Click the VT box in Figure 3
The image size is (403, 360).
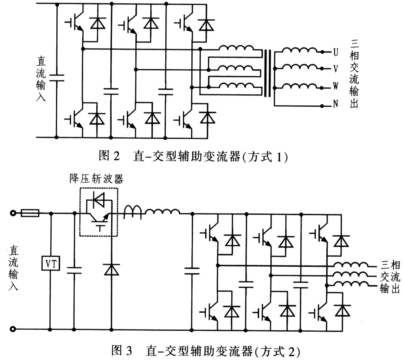coord(51,263)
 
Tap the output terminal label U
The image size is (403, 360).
coord(336,52)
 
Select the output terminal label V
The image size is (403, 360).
coord(336,69)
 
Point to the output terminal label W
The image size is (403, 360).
coord(336,86)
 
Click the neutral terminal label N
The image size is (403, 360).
coord(336,104)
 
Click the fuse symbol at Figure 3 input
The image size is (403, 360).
coord(30,213)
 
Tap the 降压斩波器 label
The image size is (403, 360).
coord(96,178)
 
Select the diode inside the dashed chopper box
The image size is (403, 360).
coord(99,199)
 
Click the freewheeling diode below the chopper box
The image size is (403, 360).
coord(112,270)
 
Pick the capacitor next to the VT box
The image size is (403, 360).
coord(74,270)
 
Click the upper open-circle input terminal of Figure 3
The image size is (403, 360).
coord(13,213)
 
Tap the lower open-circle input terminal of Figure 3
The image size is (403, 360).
coord(13,329)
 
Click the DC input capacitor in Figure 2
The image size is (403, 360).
coord(56,78)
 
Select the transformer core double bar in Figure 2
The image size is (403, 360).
coord(268,73)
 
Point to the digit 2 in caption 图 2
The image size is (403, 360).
coord(117,155)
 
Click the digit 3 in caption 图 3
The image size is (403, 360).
coord(129,350)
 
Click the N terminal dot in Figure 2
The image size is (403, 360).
coord(322,106)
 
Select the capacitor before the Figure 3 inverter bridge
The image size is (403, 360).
coord(192,271)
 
